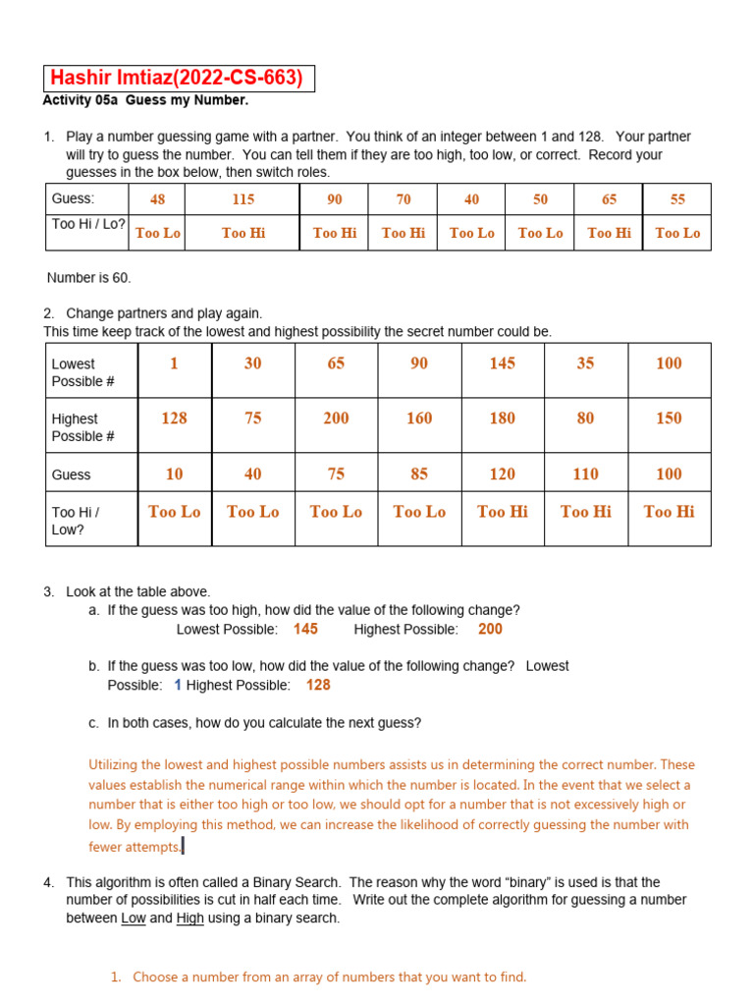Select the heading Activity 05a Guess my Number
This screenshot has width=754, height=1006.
pyautogui.click(x=145, y=100)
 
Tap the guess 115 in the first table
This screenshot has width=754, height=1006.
pyautogui.click(x=242, y=199)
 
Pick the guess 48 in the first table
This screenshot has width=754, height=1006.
pyautogui.click(x=157, y=199)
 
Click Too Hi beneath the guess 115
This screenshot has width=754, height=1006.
pyautogui.click(x=242, y=233)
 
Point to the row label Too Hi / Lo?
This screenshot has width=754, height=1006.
pyautogui.click(x=88, y=224)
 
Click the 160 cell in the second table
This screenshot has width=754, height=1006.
pyautogui.click(x=419, y=419)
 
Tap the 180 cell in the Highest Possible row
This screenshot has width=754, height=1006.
pyautogui.click(x=502, y=419)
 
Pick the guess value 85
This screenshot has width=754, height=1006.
pyautogui.click(x=419, y=475)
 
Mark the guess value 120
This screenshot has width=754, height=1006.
pyautogui.click(x=502, y=475)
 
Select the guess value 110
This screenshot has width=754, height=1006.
pyautogui.click(x=585, y=475)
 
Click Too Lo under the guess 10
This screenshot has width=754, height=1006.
pyautogui.click(x=174, y=512)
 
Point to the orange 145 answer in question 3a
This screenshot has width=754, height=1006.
pyautogui.click(x=305, y=629)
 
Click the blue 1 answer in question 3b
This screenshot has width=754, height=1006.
pyautogui.click(x=178, y=685)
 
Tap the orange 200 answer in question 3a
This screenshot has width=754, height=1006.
pyautogui.click(x=490, y=629)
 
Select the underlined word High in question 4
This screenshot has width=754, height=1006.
pyautogui.click(x=189, y=919)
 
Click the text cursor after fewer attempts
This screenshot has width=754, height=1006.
pyautogui.click(x=183, y=846)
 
